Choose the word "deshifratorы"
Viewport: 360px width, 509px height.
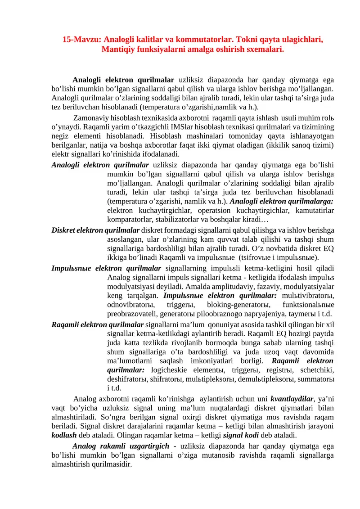[128, 379]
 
